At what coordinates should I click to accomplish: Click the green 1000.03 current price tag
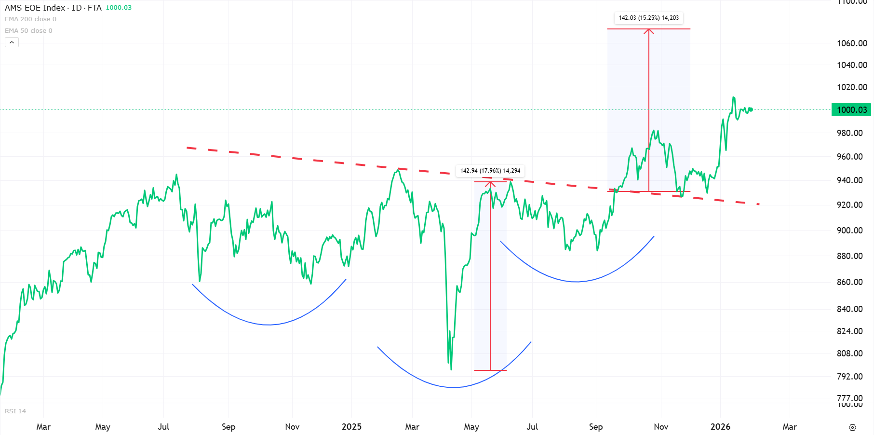851,110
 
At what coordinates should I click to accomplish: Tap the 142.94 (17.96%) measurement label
490,171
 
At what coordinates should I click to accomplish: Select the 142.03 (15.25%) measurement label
648,18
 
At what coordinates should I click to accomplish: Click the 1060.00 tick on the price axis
852,43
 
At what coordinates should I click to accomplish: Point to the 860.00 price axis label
849,282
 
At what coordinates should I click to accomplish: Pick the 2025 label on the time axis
351,427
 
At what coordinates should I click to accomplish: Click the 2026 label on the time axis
720,427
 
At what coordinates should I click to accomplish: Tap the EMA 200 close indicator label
30,19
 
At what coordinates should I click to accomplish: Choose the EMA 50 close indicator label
28,31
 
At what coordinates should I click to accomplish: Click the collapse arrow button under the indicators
12,42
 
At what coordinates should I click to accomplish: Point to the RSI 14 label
15,411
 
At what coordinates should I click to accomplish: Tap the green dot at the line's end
751,109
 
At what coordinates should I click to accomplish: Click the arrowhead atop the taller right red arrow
649,31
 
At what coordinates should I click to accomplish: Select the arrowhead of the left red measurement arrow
490,184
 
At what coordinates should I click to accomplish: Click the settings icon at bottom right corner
852,427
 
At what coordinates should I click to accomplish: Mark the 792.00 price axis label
849,376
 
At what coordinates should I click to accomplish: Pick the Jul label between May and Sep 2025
532,427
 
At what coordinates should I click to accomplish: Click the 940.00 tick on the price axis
849,180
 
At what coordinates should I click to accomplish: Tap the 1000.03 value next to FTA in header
119,8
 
